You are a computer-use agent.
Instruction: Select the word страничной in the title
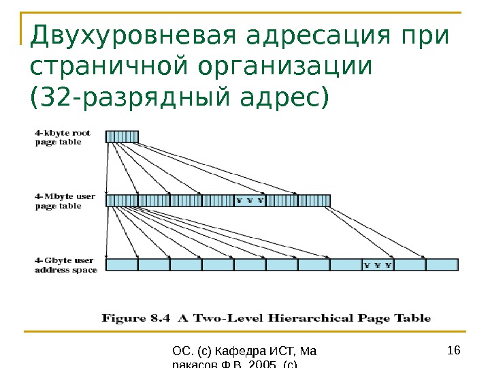(110, 67)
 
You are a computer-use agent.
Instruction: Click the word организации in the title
(285, 67)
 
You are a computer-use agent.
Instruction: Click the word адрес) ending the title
(285, 96)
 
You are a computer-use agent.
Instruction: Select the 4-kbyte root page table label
(63, 137)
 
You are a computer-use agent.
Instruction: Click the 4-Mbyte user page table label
(65, 201)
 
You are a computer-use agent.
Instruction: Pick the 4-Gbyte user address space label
(66, 265)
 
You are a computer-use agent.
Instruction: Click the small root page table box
(122, 136)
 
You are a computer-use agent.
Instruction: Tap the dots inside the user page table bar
(249, 200)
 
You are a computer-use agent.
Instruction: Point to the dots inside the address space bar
(378, 265)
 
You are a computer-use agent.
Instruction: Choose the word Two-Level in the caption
(227, 318)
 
